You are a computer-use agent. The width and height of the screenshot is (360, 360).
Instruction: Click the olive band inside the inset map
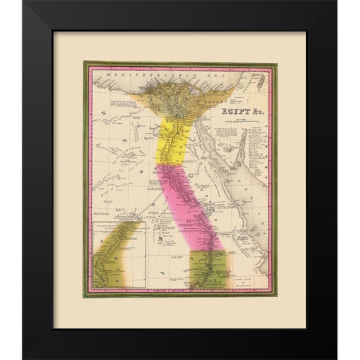click(x=120, y=255)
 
